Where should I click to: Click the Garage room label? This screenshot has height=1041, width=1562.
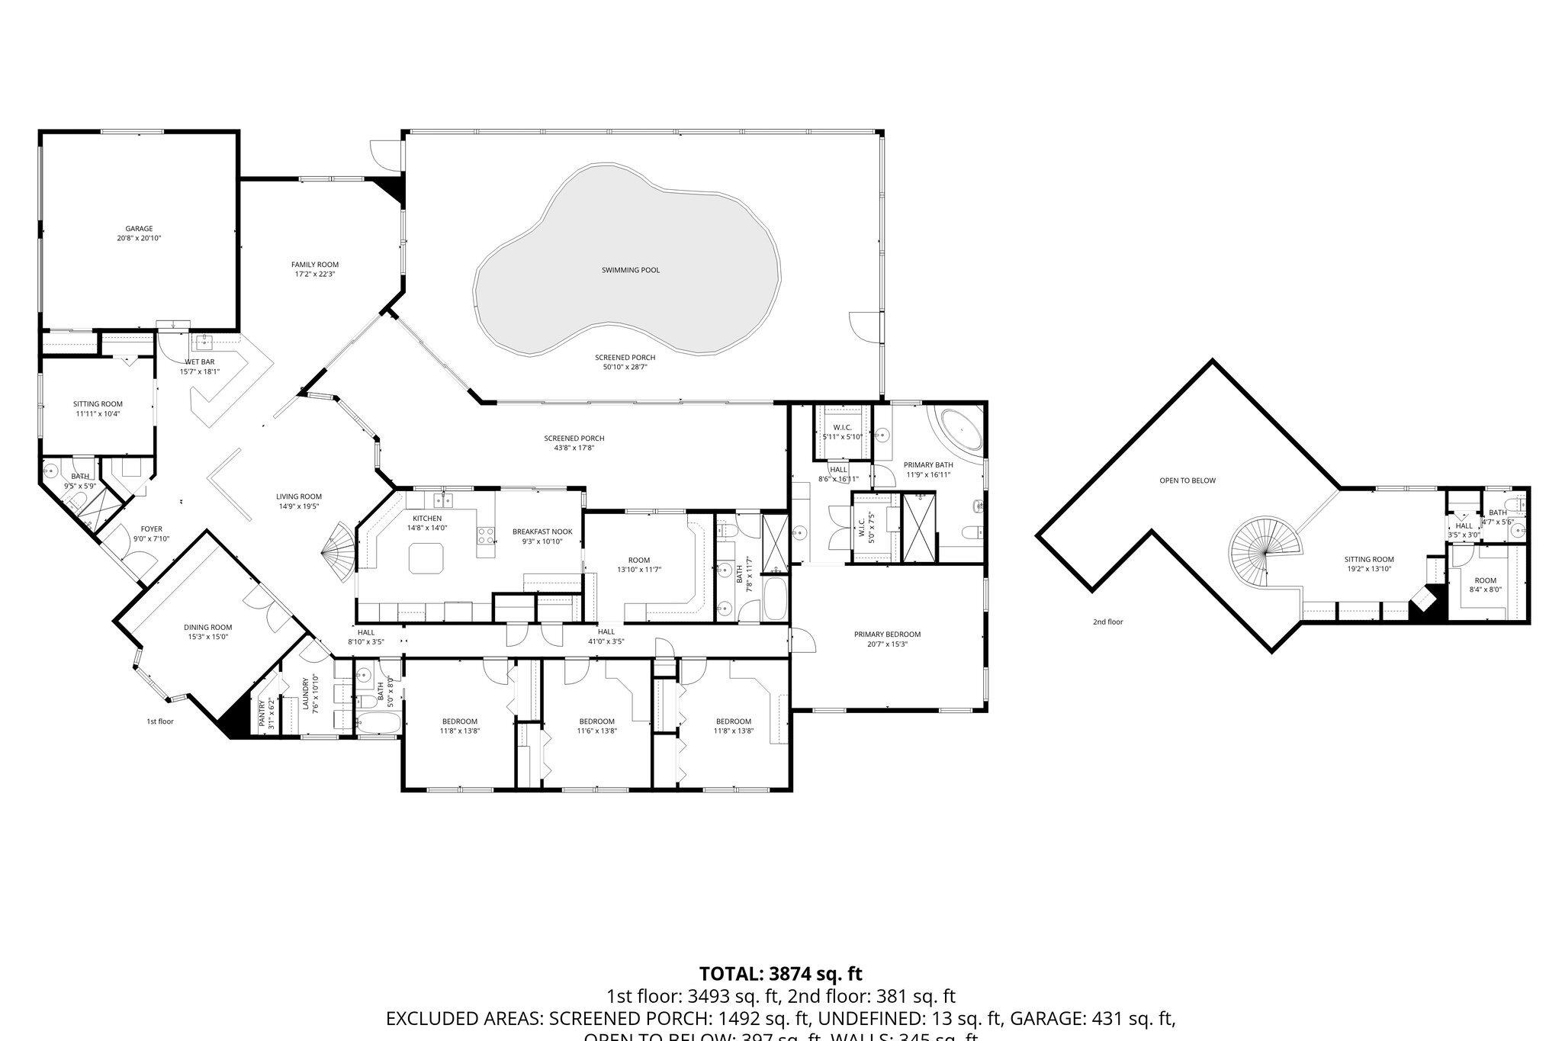click(x=139, y=228)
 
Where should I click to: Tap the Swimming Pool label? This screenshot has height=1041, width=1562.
click(x=630, y=270)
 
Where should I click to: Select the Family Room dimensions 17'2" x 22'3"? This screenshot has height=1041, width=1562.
click(x=314, y=274)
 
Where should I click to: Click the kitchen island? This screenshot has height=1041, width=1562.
click(x=426, y=557)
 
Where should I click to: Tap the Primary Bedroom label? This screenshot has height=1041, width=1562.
click(x=887, y=634)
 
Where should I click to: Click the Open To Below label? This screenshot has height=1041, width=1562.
click(x=1188, y=480)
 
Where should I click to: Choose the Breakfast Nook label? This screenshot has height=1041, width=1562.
click(x=542, y=532)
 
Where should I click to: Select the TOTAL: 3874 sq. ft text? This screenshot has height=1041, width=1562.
click(x=780, y=973)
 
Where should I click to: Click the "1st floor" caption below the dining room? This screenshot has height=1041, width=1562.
click(x=160, y=721)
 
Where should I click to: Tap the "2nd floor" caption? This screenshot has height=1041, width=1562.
click(x=1107, y=622)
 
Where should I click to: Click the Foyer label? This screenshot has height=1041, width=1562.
click(x=151, y=529)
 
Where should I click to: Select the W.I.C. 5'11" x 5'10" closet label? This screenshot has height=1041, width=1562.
click(x=842, y=427)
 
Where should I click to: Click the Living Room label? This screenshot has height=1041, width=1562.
click(x=299, y=496)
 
